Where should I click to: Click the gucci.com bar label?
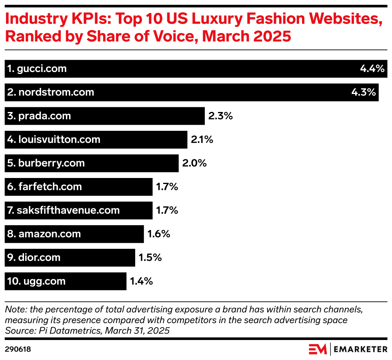tap(37, 69)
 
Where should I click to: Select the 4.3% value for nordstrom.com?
tap(363, 92)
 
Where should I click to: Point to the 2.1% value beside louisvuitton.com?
tap(202, 140)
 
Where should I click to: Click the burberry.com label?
tap(46, 163)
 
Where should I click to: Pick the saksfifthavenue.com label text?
tap(63, 210)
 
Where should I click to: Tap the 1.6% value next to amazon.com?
tap(159, 234)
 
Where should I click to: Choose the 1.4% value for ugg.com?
tap(142, 281)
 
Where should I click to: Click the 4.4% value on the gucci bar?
tap(372, 69)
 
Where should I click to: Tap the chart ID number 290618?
tap(18, 349)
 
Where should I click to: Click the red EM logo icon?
tap(318, 349)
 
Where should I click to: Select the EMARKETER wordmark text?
tap(360, 349)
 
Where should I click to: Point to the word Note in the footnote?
tap(15, 310)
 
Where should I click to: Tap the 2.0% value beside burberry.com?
tap(194, 163)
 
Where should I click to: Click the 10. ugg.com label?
tap(36, 281)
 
